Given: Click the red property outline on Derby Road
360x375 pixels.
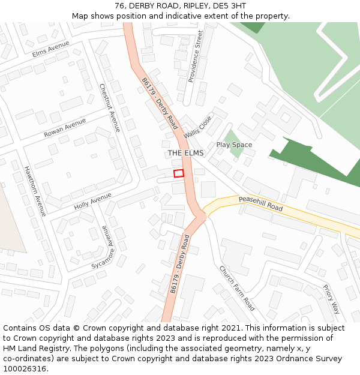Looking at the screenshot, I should tap(178, 173).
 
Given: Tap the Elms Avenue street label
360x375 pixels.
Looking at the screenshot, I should tap(51, 48).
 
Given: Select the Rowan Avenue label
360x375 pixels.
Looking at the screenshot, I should tap(65, 128).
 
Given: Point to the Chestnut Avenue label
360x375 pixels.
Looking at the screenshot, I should tap(110, 107).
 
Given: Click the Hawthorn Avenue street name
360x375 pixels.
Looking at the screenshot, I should tap(35, 191).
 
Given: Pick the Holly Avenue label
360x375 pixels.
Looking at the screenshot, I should tap(93, 200).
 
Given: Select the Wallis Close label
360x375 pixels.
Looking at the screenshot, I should tap(197, 127).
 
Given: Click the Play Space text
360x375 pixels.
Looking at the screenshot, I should tap(234, 145).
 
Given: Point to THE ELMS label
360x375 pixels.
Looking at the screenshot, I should tap(185, 153).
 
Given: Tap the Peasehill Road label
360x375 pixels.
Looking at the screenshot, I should tap(260, 203).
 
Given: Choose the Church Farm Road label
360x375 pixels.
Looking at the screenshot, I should tap(236, 288).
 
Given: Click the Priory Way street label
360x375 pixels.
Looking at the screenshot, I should tap(331, 299).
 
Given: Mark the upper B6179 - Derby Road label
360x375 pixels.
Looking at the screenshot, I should tap(160, 104).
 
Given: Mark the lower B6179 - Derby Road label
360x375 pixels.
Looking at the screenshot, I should tap(179, 264).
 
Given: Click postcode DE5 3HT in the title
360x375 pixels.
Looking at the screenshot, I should tap(227, 6).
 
